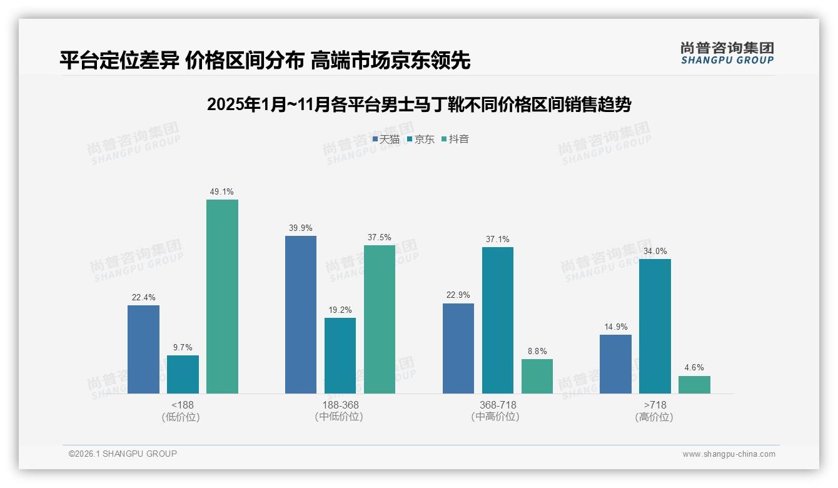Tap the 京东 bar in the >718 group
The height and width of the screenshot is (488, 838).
coord(655,326)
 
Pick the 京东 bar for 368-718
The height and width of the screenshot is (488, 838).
coord(498,320)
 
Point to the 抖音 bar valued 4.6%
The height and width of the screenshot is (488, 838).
coord(694,384)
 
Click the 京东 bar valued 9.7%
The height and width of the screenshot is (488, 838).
coord(183,374)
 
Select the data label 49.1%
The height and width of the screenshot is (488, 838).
coord(222,192)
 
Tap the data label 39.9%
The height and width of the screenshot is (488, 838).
coord(301,228)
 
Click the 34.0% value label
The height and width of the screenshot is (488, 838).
coord(655,252)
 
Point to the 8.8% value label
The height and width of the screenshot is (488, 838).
coord(537,352)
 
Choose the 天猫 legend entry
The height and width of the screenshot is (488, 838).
coord(386,140)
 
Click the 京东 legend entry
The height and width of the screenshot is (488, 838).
coord(420,140)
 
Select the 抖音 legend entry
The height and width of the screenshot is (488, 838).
coord(455,140)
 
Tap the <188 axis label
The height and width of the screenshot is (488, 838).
coord(183,405)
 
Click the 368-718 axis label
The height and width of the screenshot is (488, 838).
coord(498,405)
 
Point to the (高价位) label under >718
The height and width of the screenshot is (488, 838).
coord(655,417)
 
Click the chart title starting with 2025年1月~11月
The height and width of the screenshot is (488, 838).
coord(418,104)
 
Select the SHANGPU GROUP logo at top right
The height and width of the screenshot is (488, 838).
coord(727,54)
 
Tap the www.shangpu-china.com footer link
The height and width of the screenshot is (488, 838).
coord(729,454)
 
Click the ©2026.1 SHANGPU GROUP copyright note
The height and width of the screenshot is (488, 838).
coord(123,454)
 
